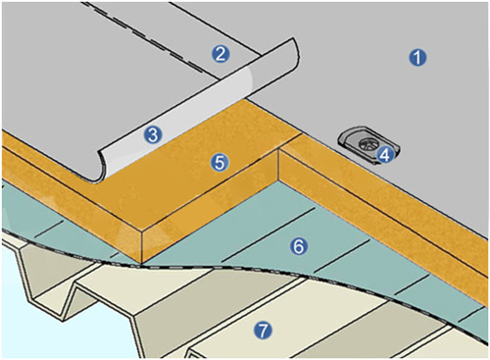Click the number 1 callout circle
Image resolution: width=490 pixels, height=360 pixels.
click(417, 58)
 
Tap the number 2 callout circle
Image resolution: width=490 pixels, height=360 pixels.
click(220, 54)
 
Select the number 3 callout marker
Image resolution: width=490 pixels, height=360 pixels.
click(153, 134)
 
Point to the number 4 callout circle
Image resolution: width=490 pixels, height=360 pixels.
click(385, 154)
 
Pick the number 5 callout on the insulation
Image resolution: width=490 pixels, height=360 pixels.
click(220, 162)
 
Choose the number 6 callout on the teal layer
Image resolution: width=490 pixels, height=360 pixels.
click(299, 246)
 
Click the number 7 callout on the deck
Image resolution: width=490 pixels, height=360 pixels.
click(264, 330)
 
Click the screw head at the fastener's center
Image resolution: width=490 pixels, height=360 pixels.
click(366, 144)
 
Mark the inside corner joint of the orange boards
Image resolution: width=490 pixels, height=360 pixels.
click(278, 150)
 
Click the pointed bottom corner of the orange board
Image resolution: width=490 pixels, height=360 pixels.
click(142, 263)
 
